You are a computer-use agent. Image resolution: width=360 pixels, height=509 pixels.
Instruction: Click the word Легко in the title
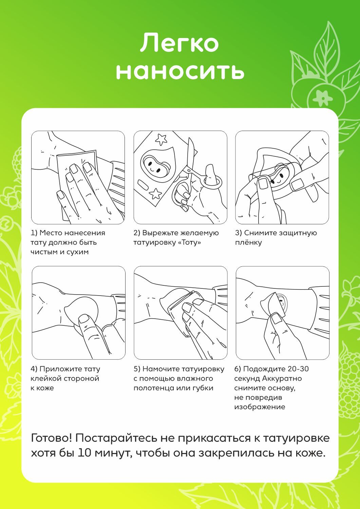click(179, 43)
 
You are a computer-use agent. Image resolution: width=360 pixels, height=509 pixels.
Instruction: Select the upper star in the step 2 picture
click(161, 139)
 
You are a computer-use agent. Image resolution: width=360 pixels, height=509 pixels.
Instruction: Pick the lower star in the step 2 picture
click(155, 194)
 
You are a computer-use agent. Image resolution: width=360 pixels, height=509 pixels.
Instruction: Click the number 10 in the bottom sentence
click(84, 453)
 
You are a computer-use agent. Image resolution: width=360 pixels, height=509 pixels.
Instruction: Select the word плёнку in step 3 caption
click(248, 243)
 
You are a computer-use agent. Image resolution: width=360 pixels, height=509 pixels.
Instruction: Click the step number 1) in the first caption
click(34, 233)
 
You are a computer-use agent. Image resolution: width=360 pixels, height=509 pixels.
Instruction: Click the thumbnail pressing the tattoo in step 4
click(84, 318)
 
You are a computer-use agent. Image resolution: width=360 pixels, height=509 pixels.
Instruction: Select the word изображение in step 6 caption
click(260, 407)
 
